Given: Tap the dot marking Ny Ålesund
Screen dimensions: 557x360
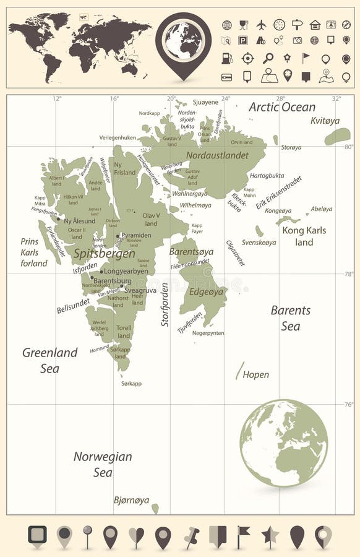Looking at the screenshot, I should click(59, 219).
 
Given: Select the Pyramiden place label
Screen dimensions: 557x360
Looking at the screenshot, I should click(136, 236).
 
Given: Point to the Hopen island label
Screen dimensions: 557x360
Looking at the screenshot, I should click(255, 374).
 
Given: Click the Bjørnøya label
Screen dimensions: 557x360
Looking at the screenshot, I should click(131, 500).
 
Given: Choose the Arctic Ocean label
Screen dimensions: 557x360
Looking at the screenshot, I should click(282, 107).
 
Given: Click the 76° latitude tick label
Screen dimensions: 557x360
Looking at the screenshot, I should click(349, 405).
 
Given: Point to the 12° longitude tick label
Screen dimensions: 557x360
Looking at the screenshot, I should click(57, 98).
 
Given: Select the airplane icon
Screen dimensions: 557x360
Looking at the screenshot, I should click(261, 25).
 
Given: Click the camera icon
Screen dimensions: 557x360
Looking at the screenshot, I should click(297, 40).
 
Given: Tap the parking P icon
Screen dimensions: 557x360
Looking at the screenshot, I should click(243, 40).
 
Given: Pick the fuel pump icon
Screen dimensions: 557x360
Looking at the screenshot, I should click(227, 58).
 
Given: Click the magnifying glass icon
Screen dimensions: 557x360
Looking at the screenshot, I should click(268, 58).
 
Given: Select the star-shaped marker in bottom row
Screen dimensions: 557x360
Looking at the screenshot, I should click(270, 536).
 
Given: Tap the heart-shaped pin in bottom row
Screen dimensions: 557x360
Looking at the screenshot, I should click(136, 536).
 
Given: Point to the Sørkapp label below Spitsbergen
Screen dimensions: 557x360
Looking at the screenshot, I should click(131, 384).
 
